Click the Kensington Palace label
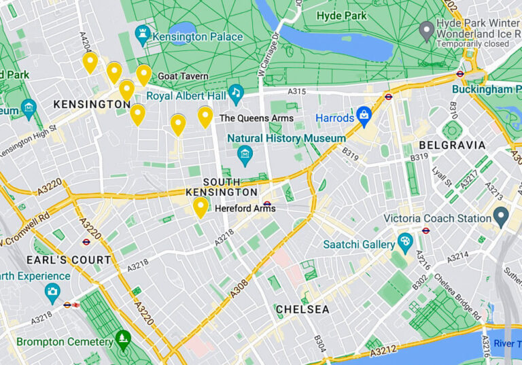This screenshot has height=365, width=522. tap(198, 36)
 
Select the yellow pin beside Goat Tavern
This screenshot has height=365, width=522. tap(143, 74)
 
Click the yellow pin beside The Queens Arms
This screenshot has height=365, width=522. tap(205, 116)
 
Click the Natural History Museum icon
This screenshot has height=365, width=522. tap(245, 156)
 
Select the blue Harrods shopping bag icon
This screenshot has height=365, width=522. tap(364, 116)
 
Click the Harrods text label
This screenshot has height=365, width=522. tap(335, 118)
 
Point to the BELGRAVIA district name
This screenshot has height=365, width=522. tap(452, 145)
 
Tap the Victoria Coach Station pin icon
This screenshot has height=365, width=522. tap(501, 217)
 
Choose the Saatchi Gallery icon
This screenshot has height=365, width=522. tap(405, 241)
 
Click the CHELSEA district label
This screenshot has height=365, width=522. tap(302, 309)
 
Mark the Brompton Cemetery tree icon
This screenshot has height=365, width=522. tap(122, 337)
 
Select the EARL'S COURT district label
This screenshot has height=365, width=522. tap(69, 260)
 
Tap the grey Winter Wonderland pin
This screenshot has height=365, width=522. tap(426, 30)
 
